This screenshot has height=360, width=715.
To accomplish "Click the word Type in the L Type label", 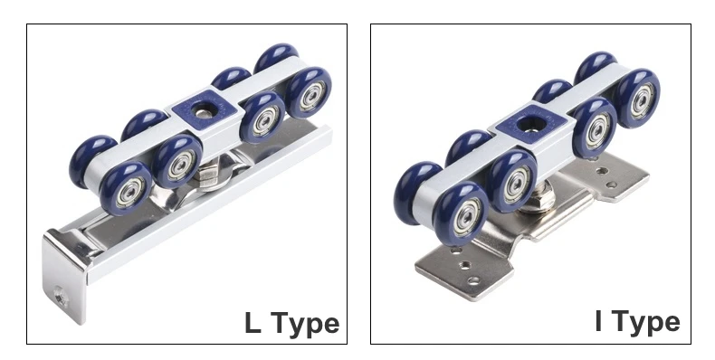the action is pos(306,325).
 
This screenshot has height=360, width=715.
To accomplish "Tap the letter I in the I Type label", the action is pos(599,320).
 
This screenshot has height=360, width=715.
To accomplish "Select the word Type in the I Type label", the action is pos(646,323).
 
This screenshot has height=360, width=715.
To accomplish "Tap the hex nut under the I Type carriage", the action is pos(539,201).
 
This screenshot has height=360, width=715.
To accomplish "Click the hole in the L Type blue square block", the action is pos(202,109).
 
